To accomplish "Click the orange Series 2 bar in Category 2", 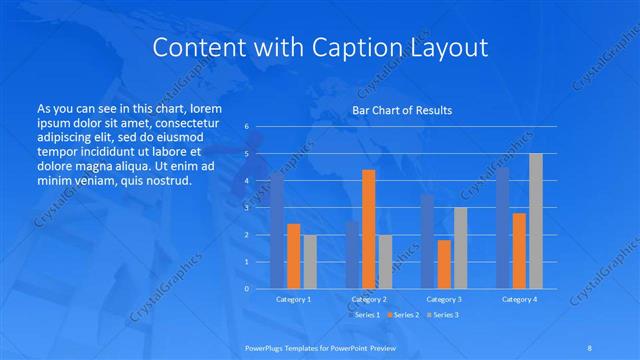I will pos(368,229).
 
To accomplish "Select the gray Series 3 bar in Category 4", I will pos(536,220).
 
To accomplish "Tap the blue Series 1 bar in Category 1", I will pos(277,230).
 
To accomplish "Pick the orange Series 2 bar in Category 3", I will pos(444,264).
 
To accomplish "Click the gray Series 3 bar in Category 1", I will pos(310,261).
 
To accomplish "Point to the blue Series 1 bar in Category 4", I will pos(502,227).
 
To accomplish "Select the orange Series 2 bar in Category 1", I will pos(293,256).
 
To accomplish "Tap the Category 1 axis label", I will pos(293,299).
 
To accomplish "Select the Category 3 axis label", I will pos(444,299).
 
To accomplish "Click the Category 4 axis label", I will pos(519,299).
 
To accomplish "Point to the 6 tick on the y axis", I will pos(246,127).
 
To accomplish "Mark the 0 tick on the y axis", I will pos(246,288).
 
